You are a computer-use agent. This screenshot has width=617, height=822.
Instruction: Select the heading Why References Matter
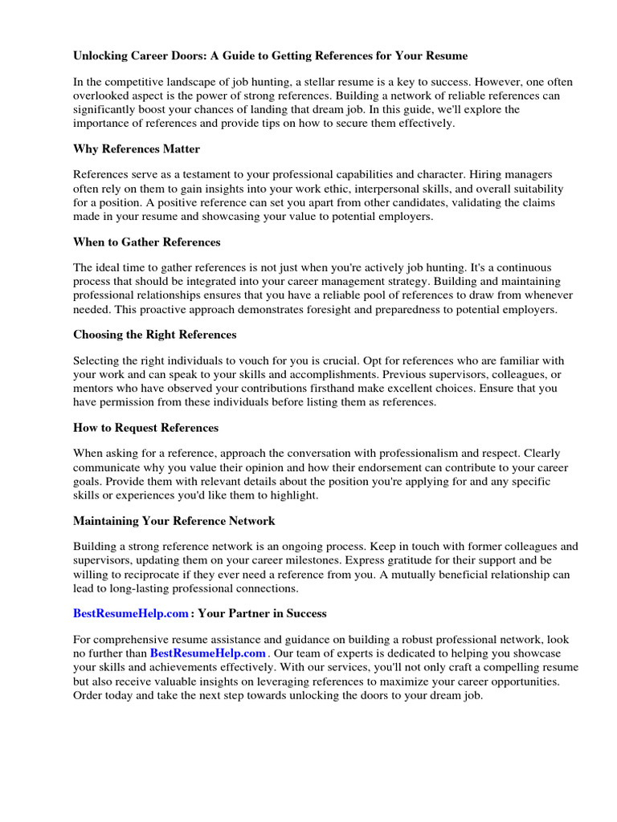[x=137, y=149]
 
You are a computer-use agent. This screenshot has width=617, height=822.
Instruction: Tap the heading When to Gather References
[x=146, y=242]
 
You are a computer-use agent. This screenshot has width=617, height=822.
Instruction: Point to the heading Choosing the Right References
[x=154, y=334]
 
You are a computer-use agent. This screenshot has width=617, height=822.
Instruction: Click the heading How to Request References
[x=145, y=427]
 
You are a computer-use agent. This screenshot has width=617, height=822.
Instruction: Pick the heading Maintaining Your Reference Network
[x=174, y=520]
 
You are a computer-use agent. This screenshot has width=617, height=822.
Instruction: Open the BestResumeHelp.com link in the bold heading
[x=131, y=613]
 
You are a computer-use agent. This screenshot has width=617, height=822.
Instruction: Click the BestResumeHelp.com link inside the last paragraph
[x=207, y=653]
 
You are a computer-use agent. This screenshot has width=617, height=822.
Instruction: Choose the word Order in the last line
[x=89, y=695]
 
